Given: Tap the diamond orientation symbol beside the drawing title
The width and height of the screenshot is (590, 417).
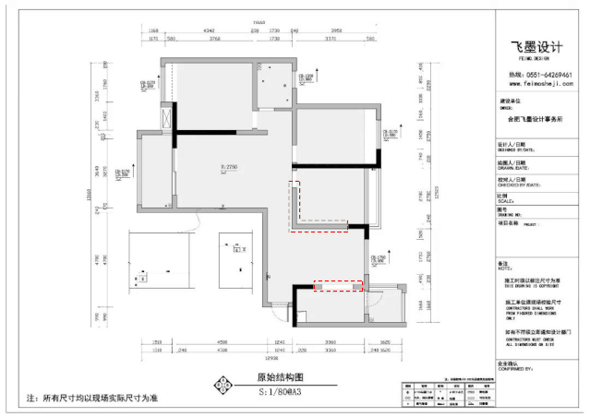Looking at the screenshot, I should [221, 385].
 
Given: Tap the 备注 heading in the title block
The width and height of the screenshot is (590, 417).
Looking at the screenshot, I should [504, 263].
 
